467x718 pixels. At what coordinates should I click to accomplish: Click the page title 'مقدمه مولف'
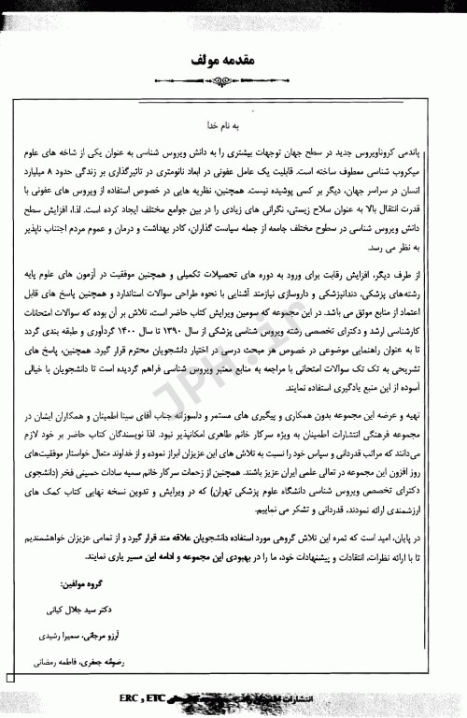(233, 60)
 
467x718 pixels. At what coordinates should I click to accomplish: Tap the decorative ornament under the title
(233, 80)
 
